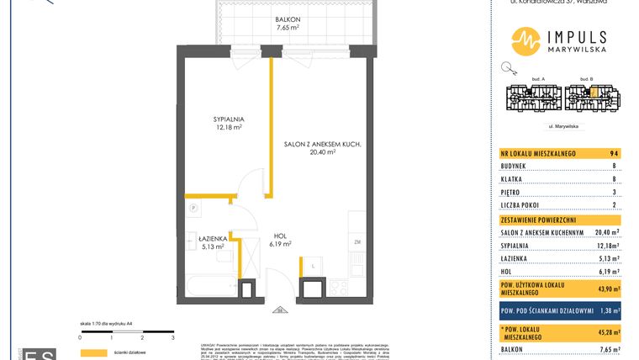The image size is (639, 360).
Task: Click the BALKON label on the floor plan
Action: click(x=288, y=19)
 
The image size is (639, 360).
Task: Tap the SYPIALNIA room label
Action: click(x=227, y=119)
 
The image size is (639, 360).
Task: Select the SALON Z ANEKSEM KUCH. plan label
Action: click(x=323, y=145)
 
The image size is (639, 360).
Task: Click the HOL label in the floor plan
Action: click(x=280, y=236)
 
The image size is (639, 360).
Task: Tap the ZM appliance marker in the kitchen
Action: click(x=356, y=243)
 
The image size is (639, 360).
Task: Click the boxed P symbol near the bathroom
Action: click(x=193, y=207)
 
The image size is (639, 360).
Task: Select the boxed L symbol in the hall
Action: click(x=313, y=267)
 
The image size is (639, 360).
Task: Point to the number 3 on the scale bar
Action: click(x=172, y=336)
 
